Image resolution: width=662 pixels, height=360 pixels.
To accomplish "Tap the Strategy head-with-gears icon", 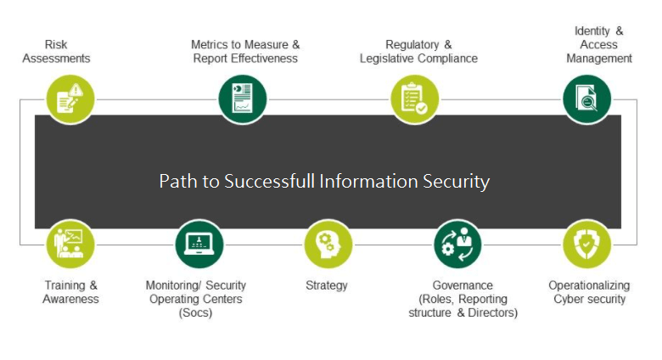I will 328,244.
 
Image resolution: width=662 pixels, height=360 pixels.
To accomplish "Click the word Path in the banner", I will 175,182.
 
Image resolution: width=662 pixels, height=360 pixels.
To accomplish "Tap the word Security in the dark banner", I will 459,182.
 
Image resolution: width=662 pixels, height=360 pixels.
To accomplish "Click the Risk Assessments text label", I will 56,51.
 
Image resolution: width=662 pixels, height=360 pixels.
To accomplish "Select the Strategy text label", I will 327,285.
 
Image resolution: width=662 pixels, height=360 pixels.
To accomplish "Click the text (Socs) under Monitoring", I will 195,312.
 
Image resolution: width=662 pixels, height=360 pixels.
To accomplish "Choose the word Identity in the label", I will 592,31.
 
